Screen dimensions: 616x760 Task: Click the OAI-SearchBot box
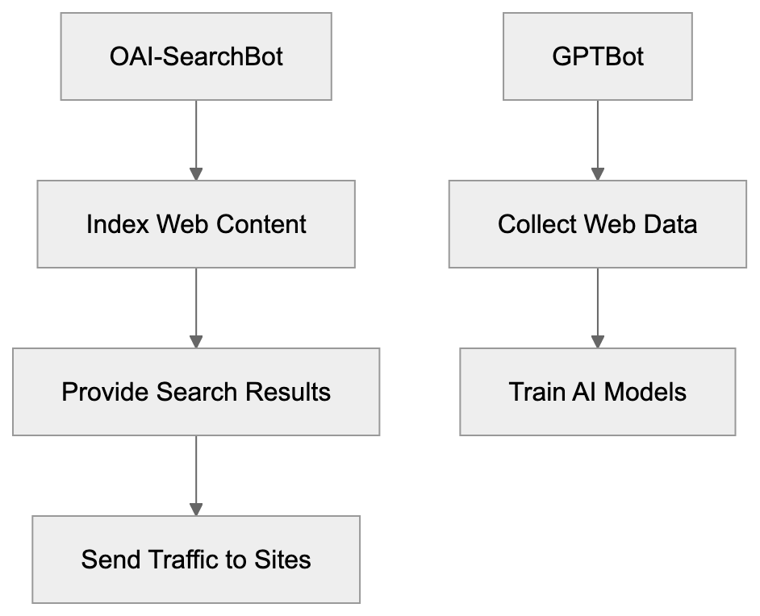click(196, 56)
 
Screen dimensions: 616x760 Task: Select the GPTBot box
click(597, 56)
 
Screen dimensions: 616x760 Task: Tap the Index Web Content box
click(196, 223)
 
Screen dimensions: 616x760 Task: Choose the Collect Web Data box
click(597, 223)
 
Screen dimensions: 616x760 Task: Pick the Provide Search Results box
click(196, 392)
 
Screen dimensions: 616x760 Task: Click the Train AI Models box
click(597, 392)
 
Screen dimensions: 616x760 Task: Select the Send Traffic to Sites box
click(196, 559)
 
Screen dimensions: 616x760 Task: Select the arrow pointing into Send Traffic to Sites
click(196, 475)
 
